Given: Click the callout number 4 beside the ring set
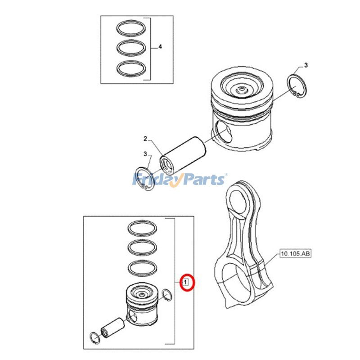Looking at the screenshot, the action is pos(160,47).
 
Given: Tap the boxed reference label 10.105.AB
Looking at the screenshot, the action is pos(296,253).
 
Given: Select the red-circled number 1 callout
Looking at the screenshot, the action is pos(185,282).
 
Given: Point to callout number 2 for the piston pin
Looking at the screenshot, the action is pos(145,139).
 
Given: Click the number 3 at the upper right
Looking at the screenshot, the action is pos(306,65).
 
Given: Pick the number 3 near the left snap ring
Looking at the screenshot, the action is pos(145,154).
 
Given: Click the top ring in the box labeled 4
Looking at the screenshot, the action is pos(131,28).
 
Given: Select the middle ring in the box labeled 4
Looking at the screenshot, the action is pos(131,48).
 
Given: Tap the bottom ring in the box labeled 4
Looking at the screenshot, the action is pos(131,68).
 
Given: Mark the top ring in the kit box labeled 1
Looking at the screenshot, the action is pos(142,228).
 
